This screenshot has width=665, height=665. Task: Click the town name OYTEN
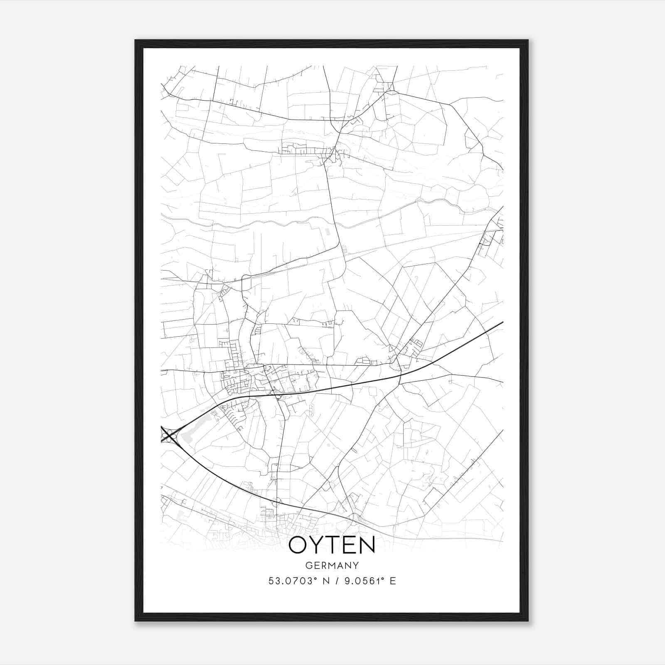click(x=332, y=545)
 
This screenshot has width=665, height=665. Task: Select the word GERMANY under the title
click(x=332, y=566)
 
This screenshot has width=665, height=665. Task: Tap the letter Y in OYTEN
click(x=315, y=545)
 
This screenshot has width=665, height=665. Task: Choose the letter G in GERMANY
click(x=308, y=566)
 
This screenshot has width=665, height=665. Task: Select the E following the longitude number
click(x=393, y=581)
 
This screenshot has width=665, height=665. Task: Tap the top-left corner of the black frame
click(x=135, y=40)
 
